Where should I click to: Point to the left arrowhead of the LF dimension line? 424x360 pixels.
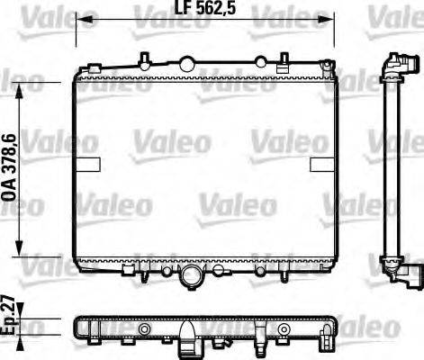[79, 17]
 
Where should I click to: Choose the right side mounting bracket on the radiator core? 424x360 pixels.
[320, 164]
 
